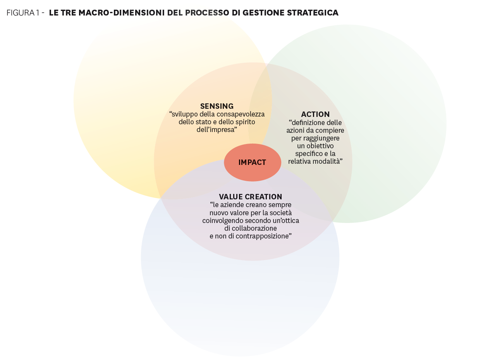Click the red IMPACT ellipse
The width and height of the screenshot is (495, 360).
[252, 163]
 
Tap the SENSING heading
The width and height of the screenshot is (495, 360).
[217, 106]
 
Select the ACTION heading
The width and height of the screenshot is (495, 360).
[315, 114]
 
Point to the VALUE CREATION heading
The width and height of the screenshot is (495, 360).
[251, 197]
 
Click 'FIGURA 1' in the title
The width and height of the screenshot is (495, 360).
[23, 13]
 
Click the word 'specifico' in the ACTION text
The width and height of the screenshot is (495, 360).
[309, 154]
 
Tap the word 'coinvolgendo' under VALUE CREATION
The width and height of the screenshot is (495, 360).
[221, 221]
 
